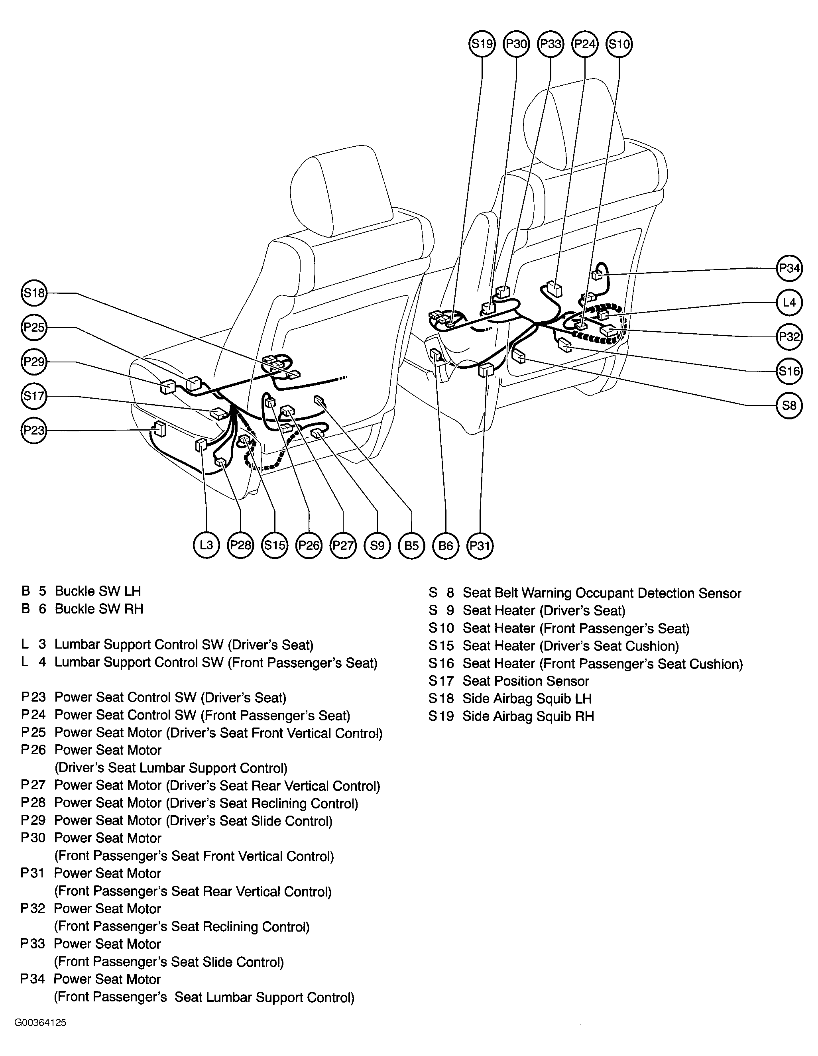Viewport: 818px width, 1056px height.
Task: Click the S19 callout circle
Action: (482, 44)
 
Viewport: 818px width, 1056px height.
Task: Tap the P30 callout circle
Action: (516, 44)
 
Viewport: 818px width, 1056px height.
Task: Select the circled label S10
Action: (619, 44)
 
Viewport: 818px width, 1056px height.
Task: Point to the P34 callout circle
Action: (789, 268)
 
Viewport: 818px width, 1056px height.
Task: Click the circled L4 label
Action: (789, 302)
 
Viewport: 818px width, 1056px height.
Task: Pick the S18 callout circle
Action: (34, 293)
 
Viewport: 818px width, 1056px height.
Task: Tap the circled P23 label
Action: (34, 430)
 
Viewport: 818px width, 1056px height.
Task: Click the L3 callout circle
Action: (206, 545)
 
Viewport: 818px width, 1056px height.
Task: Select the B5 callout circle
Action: (411, 545)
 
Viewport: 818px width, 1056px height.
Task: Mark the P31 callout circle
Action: (480, 545)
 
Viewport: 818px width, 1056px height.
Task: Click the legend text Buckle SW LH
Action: (98, 591)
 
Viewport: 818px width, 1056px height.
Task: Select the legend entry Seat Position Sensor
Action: (525, 681)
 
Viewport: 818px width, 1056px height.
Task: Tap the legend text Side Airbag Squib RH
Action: (528, 716)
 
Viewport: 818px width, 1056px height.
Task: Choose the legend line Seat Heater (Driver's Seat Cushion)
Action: (570, 646)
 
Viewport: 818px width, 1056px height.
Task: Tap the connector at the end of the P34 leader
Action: (598, 275)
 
